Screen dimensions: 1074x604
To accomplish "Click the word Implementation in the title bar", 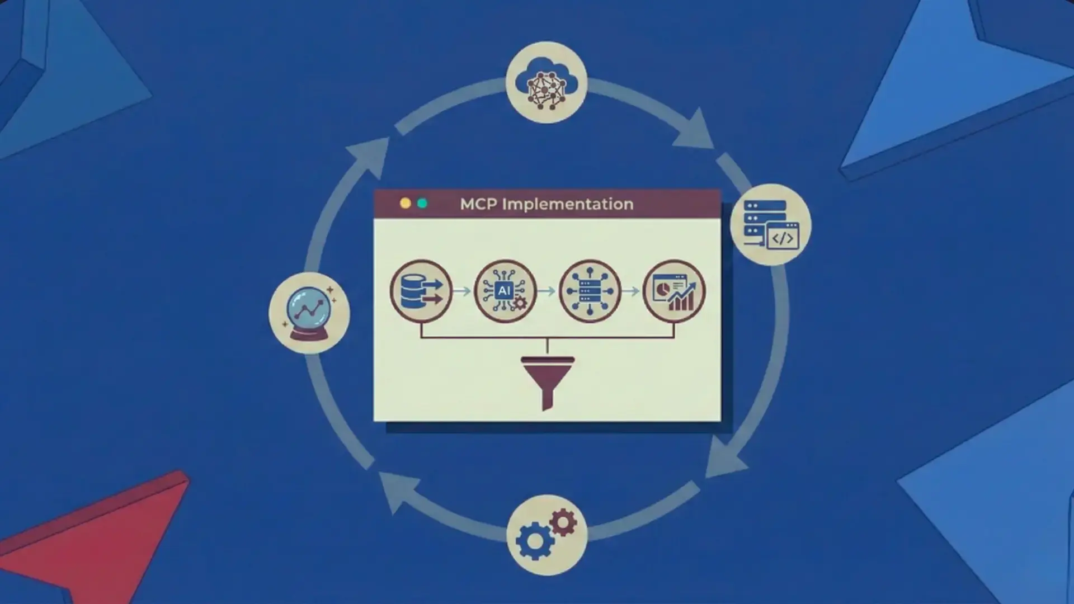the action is (x=567, y=204).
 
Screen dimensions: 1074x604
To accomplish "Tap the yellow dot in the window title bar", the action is (x=406, y=204).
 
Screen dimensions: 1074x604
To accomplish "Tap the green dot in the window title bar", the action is (x=422, y=204).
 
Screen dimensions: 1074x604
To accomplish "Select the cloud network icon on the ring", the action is (x=546, y=83).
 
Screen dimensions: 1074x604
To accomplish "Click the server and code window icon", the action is (x=770, y=225).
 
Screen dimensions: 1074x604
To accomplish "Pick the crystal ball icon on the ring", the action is (x=309, y=313).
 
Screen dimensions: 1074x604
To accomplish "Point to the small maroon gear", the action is (x=563, y=522).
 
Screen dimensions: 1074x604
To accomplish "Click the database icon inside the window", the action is (x=421, y=291).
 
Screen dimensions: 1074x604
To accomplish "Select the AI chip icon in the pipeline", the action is (x=505, y=291).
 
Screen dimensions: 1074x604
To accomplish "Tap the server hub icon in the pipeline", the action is (x=590, y=291).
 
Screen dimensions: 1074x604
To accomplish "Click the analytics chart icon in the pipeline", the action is (x=674, y=291).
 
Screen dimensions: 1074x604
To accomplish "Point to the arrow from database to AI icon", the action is (x=462, y=291).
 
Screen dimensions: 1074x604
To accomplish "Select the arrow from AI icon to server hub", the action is (x=547, y=291).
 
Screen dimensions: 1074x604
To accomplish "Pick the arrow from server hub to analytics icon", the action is (x=631, y=291).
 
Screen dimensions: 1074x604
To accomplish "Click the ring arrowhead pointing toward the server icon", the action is (x=695, y=131).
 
